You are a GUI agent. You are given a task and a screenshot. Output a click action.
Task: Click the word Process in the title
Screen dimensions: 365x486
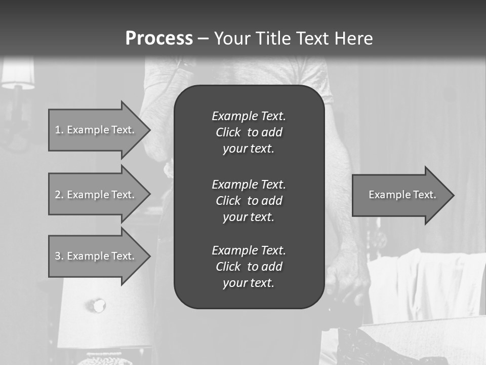(x=159, y=39)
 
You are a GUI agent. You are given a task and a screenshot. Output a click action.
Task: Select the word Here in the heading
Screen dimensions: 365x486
(x=354, y=39)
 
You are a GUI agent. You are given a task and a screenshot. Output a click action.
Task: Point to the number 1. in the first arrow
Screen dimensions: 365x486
(x=59, y=130)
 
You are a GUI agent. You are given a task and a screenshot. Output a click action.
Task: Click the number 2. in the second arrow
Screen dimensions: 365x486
(x=59, y=195)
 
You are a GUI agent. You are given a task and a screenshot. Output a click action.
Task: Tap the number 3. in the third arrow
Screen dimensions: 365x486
(x=59, y=256)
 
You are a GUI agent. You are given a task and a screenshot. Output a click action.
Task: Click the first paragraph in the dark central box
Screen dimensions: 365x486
(x=249, y=132)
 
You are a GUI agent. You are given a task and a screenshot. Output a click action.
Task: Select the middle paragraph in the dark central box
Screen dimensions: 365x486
(x=249, y=201)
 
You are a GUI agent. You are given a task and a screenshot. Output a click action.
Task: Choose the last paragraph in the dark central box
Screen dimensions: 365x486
(x=249, y=267)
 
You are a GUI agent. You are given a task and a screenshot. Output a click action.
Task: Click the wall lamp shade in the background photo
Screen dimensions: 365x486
(x=18, y=74)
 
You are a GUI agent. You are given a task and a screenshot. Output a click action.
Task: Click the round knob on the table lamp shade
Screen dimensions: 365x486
(x=98, y=305)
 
